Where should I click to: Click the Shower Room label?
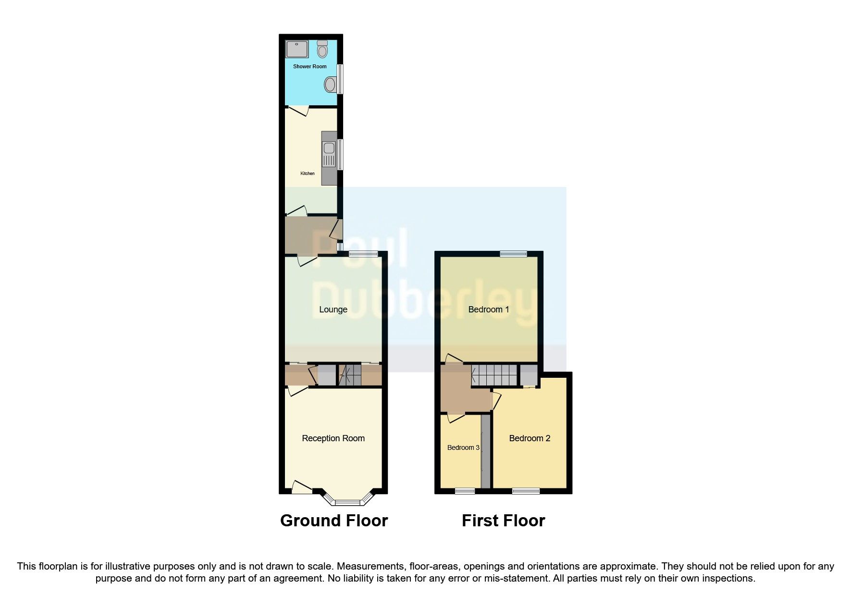(x=309, y=66)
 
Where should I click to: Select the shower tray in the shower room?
(x=297, y=50)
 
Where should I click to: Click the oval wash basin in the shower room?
(x=330, y=85)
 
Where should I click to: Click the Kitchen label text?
(x=308, y=174)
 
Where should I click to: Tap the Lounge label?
(x=333, y=310)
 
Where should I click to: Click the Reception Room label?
(x=333, y=438)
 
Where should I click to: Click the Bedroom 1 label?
(x=488, y=310)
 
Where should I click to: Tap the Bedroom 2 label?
(x=530, y=438)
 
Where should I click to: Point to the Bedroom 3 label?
(x=463, y=447)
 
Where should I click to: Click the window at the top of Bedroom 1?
(x=513, y=254)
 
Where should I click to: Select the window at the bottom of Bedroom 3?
(x=465, y=491)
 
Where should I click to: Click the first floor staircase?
(x=494, y=375)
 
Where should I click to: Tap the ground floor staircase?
(x=350, y=375)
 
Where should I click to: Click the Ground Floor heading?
(x=334, y=521)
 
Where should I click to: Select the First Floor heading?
(x=503, y=521)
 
